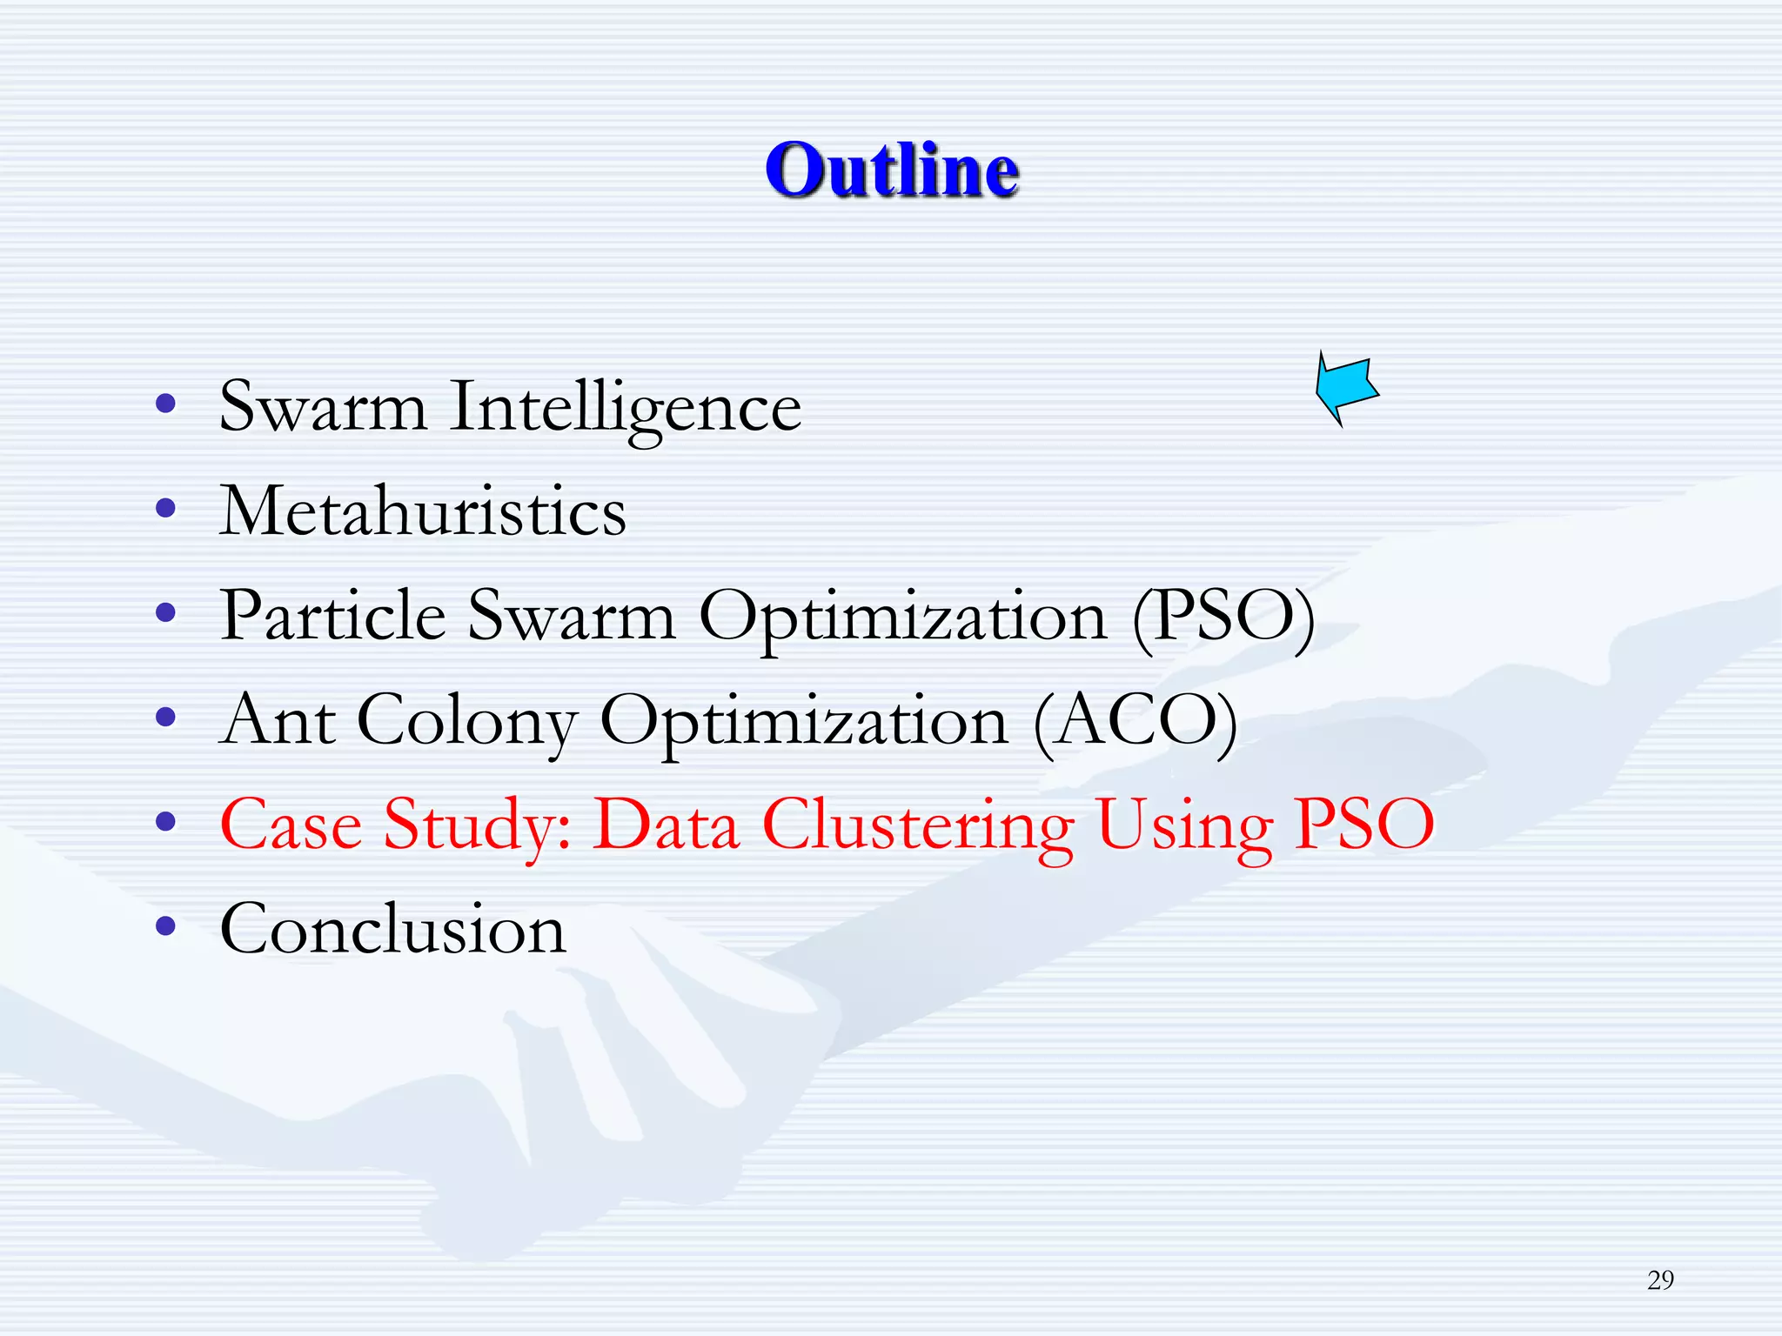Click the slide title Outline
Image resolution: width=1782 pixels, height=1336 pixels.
tap(892, 170)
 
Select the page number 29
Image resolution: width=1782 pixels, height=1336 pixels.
tap(1660, 1279)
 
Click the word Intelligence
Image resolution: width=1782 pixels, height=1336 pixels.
tap(625, 407)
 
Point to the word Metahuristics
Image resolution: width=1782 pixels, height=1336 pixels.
tap(423, 511)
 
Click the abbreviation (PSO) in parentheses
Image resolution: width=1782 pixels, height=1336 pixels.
tap(1223, 617)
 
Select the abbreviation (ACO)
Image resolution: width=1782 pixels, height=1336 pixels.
tap(1135, 721)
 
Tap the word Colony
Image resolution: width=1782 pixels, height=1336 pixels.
tap(467, 722)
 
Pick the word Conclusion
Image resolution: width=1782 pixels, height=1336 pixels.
tap(393, 929)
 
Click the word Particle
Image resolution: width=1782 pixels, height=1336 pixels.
tap(333, 616)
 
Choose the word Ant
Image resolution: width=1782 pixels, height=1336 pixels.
tap(278, 720)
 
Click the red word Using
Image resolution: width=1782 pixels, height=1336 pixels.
tap(1184, 825)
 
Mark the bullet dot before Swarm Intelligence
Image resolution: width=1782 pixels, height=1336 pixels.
tap(165, 403)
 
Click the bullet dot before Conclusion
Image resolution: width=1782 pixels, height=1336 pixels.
tap(165, 925)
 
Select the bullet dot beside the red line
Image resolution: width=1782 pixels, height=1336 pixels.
tap(165, 821)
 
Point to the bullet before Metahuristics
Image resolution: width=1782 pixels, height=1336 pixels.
tap(165, 507)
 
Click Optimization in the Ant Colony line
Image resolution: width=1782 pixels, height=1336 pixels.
tap(804, 722)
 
